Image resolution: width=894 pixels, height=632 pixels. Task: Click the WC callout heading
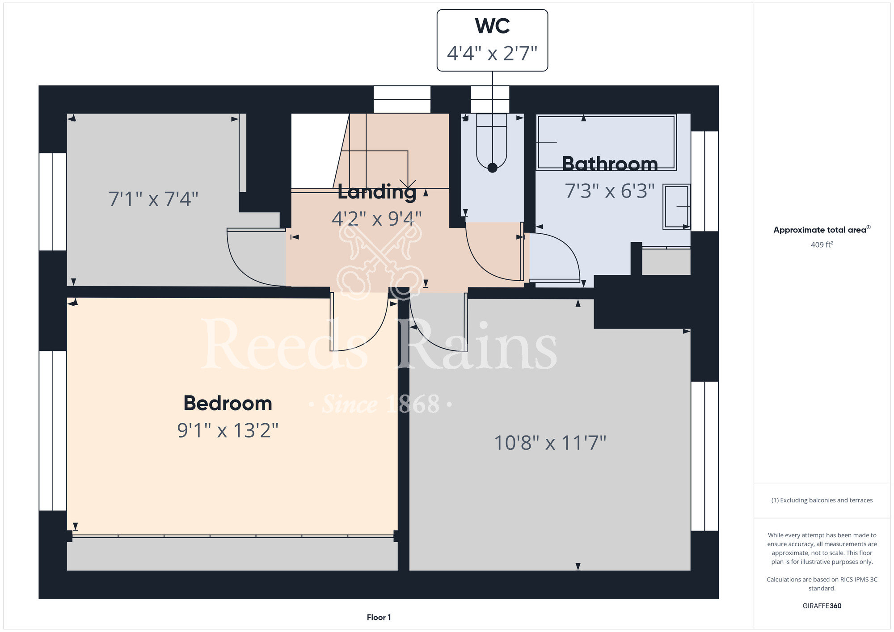click(x=492, y=26)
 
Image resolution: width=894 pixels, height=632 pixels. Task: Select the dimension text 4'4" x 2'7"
click(x=492, y=53)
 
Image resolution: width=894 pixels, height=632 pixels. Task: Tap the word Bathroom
click(x=610, y=164)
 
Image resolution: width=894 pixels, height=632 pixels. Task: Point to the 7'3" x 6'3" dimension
click(x=610, y=191)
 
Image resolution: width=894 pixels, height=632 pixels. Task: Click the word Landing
click(x=377, y=192)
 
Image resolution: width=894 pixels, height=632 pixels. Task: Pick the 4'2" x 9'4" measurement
click(x=377, y=219)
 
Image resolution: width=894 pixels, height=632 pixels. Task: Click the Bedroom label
click(x=228, y=403)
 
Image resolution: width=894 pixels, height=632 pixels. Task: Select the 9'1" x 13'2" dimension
click(x=228, y=430)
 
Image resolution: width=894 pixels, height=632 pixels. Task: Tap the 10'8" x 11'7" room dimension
click(x=550, y=443)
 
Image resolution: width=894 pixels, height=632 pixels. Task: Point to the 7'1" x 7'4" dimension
click(x=153, y=199)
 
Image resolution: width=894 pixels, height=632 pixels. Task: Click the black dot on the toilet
click(x=492, y=168)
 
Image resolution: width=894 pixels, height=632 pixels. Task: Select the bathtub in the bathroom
click(x=607, y=143)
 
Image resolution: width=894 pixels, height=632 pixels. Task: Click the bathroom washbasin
click(x=676, y=206)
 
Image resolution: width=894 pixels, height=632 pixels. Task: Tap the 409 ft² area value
click(x=822, y=244)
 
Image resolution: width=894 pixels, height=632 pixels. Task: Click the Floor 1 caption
click(x=379, y=617)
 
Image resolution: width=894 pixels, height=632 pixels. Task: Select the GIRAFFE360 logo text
click(x=822, y=606)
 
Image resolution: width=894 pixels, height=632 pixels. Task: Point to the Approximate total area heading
click(x=822, y=230)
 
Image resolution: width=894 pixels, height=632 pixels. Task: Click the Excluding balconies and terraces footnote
click(x=822, y=500)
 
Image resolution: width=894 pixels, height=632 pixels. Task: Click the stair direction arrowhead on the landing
click(x=408, y=184)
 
